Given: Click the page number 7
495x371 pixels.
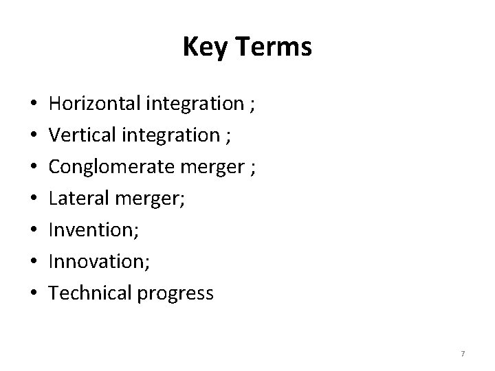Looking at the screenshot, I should [463, 354].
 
